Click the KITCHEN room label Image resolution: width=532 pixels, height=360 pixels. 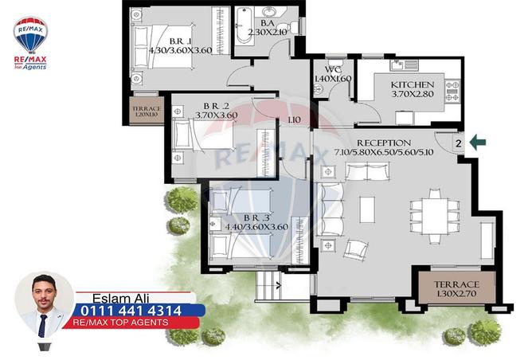[413, 84]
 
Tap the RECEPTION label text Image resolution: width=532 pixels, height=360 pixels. [384, 143]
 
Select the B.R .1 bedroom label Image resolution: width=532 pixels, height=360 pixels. [181, 41]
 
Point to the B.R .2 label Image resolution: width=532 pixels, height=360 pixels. [216, 106]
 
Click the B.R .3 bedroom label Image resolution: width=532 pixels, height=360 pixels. [256, 217]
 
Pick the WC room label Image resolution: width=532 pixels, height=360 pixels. [333, 69]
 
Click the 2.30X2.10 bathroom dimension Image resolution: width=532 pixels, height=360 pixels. [268, 32]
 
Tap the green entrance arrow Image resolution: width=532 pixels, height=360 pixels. [478, 142]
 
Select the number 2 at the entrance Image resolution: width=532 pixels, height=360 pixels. [459, 143]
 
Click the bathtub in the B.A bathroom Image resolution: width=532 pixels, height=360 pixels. [244, 26]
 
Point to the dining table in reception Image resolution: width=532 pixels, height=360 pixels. [435, 216]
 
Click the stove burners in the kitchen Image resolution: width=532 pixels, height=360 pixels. [452, 91]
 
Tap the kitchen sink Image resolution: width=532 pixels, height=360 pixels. [404, 65]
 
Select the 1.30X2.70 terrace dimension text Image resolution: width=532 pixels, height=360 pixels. [456, 294]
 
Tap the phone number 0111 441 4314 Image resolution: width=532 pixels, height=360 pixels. [131, 311]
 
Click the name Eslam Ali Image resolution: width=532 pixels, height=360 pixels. [120, 298]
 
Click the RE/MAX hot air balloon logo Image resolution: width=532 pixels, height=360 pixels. [30, 35]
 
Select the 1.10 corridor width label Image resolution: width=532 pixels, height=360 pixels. [294, 119]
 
